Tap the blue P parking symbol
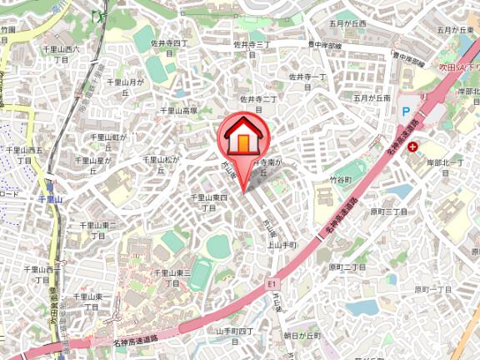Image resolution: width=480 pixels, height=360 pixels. pos(406,110)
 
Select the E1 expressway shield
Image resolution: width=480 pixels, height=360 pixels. pos(272,285)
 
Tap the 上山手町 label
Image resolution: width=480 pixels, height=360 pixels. pos(282,246)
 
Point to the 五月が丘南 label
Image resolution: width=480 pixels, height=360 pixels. pos(372,97)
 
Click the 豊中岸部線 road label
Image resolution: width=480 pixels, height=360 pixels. pos(325,45)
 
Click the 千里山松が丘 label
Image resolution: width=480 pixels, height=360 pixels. pos(162,165)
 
